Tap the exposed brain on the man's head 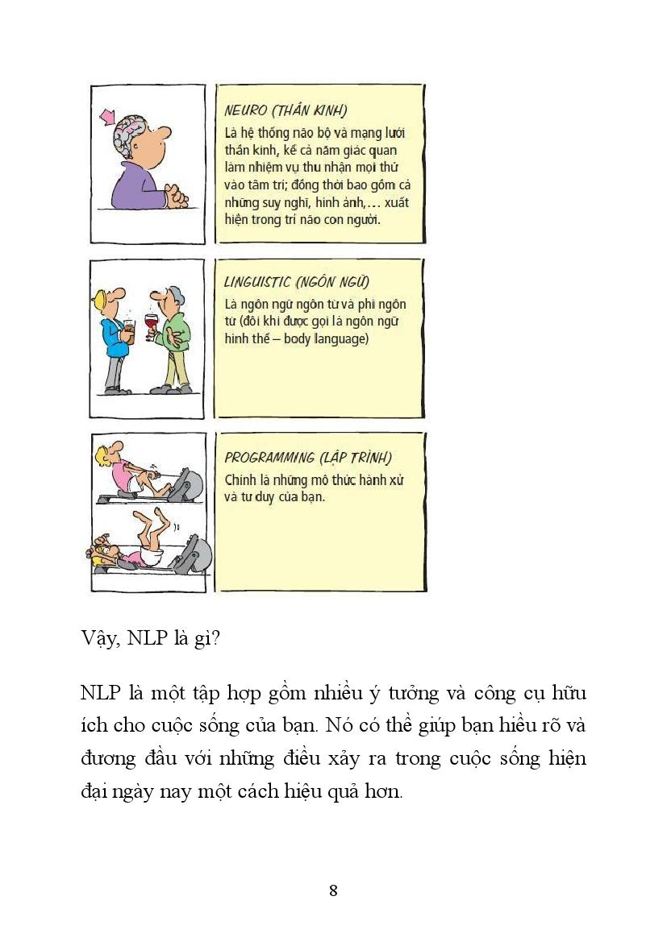coord(133,131)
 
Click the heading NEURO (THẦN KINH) coord(291,110)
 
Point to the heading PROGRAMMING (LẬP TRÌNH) coord(307,458)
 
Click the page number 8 coord(333,890)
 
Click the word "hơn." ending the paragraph coord(384,791)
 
